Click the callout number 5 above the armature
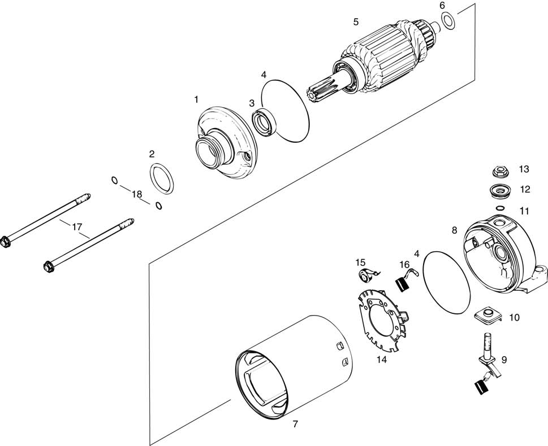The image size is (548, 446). pyautogui.click(x=356, y=22)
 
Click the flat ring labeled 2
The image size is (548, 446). pyautogui.click(x=161, y=177)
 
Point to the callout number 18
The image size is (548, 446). pyautogui.click(x=137, y=194)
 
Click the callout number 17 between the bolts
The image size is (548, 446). pyautogui.click(x=77, y=226)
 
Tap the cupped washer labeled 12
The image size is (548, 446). pyautogui.click(x=499, y=190)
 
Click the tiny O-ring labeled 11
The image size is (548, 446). pyautogui.click(x=500, y=208)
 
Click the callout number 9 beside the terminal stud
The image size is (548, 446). pyautogui.click(x=503, y=358)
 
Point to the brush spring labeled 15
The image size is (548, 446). pyautogui.click(x=368, y=275)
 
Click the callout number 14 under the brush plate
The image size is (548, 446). pyautogui.click(x=382, y=358)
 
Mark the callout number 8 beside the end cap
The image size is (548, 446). pyautogui.click(x=454, y=230)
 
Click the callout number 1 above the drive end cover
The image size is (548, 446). pyautogui.click(x=196, y=99)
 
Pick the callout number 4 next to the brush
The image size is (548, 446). pyautogui.click(x=416, y=253)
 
